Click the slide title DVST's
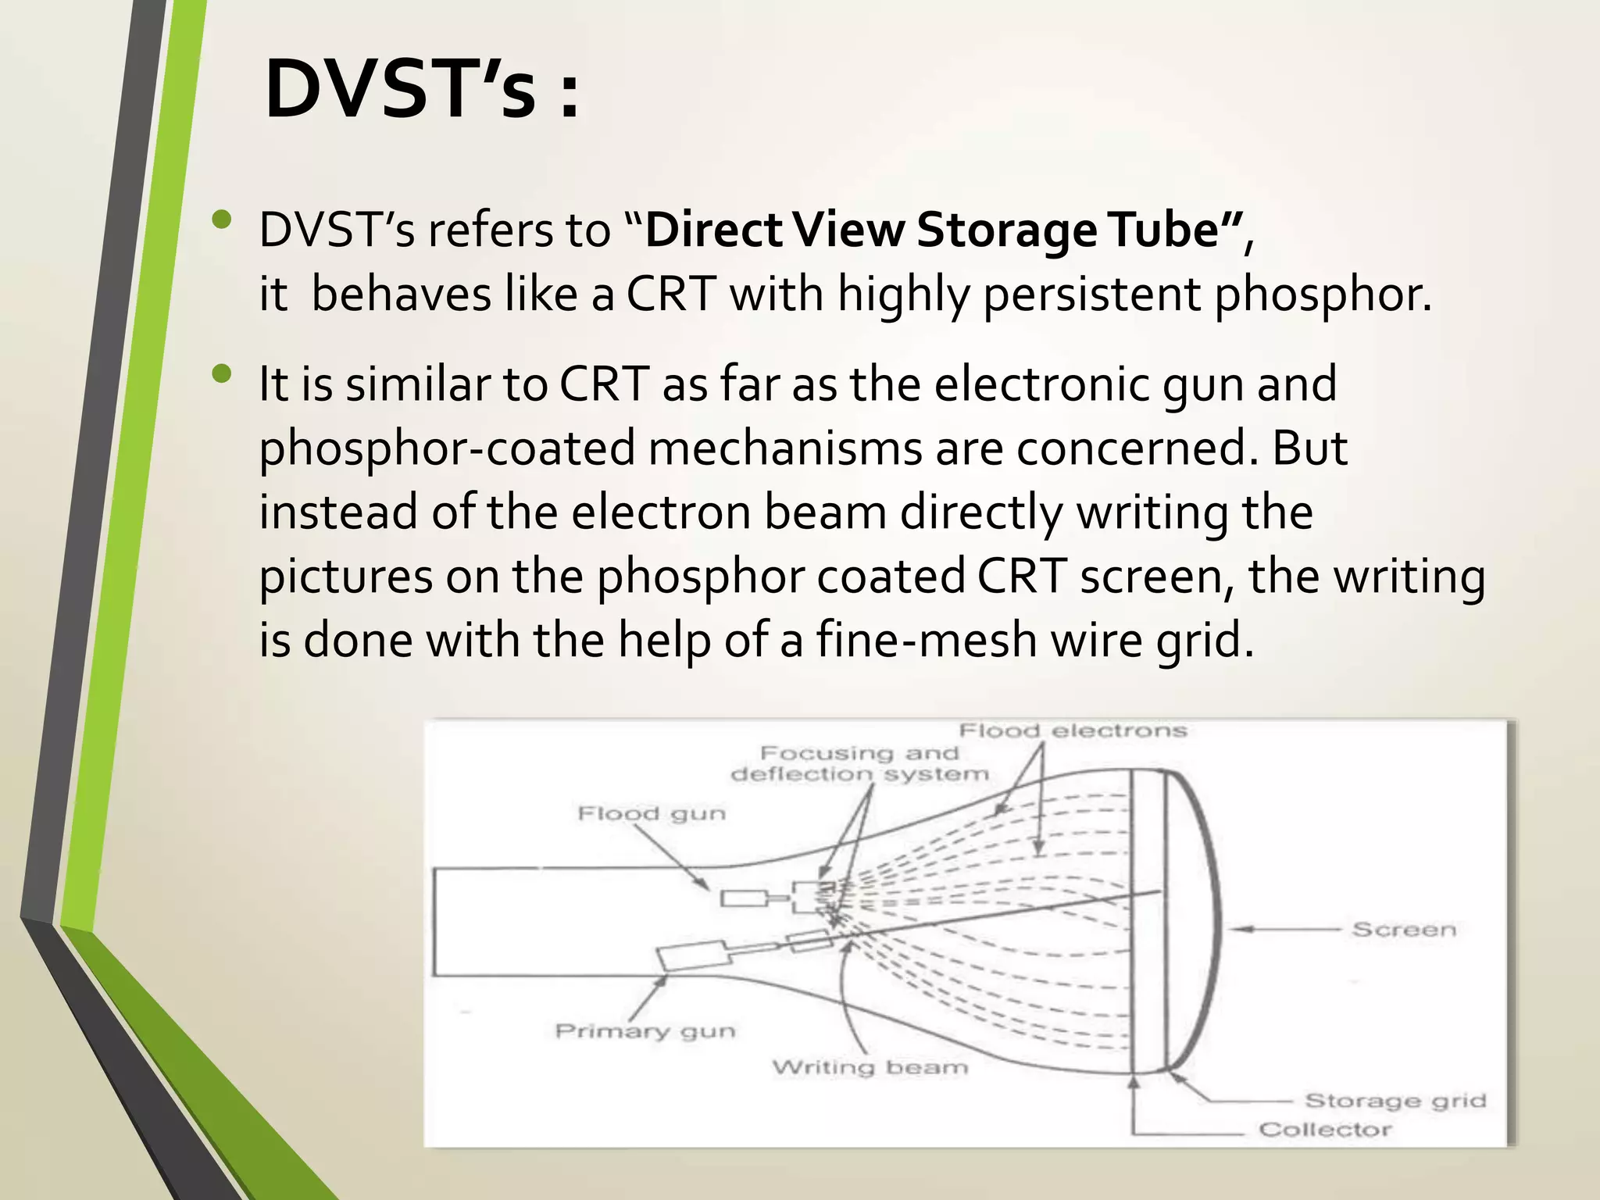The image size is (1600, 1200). pos(422,90)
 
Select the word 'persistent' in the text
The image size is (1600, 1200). pos(1091,295)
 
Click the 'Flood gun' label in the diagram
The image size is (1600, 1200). pos(652,814)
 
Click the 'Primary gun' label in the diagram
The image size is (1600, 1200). pos(645,1031)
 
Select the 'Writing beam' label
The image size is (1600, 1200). pos(870,1067)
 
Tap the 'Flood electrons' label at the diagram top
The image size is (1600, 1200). pos(1073,731)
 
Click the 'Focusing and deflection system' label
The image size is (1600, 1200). pos(859,764)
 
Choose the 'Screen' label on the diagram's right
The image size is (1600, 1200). pos(1404,930)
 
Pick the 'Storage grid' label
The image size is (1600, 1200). pos(1395,1101)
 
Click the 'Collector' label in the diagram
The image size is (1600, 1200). pos(1325,1130)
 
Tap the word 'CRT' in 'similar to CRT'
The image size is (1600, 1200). pos(604,384)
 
